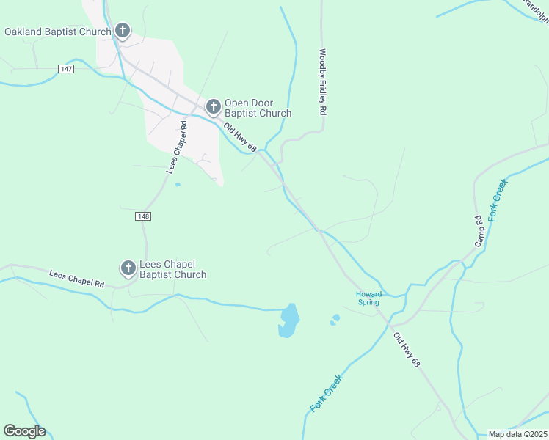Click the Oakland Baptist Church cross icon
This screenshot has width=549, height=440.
click(123, 31)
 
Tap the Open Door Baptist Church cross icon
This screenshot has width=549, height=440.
click(214, 108)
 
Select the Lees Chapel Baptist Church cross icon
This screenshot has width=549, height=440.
click(128, 269)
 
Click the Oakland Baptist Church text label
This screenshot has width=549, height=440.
click(57, 32)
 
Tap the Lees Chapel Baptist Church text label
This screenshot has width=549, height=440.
click(173, 269)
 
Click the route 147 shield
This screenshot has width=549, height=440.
click(66, 68)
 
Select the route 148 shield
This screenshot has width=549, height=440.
click(143, 216)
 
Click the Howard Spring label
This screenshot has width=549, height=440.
click(368, 298)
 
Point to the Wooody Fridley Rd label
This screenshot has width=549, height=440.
click(321, 82)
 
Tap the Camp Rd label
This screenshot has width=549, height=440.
click(478, 230)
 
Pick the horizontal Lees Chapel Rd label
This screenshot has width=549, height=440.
click(76, 279)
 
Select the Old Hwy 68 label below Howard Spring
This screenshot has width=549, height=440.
click(407, 351)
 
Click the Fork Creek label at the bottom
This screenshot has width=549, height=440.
click(327, 393)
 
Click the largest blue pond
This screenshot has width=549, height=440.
click(289, 320)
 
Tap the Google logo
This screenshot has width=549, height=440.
click(24, 431)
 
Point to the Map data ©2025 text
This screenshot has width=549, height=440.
click(518, 434)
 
